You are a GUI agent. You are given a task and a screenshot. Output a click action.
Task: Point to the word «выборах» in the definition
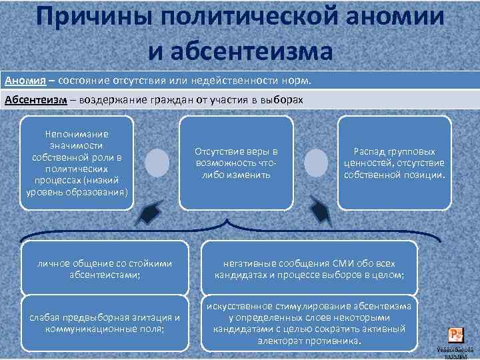pos(282,100)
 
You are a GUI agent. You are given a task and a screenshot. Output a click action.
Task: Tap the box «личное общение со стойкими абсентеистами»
pos(105,268)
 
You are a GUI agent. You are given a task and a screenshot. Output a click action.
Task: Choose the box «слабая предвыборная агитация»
pos(105,323)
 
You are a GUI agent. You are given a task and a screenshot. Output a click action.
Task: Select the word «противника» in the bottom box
pos(335,341)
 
